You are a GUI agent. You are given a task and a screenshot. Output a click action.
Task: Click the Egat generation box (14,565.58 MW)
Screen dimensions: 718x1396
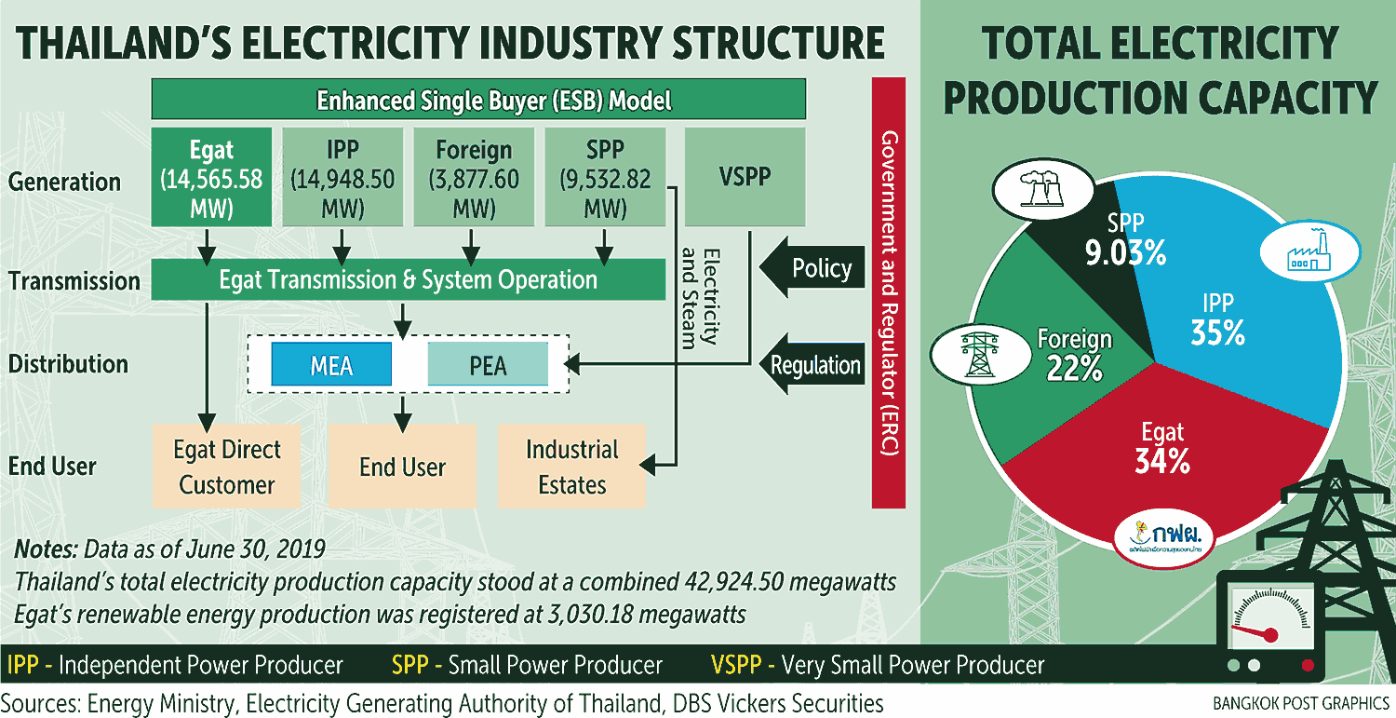[x=211, y=177]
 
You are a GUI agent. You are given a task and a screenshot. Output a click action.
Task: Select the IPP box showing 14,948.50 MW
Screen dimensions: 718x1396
[x=342, y=177]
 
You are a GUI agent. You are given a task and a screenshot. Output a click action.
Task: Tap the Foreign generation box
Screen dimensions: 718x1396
[x=473, y=177]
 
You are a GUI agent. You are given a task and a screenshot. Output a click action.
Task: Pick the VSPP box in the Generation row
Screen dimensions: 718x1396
[x=745, y=177]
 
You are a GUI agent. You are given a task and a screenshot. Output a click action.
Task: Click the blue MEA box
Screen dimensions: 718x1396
[x=331, y=364]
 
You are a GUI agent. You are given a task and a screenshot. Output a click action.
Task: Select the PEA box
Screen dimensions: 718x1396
[x=488, y=364]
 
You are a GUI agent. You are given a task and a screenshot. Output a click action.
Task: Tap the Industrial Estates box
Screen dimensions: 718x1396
[x=571, y=467]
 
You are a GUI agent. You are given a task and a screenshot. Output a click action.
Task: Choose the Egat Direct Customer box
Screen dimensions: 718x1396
[x=226, y=467]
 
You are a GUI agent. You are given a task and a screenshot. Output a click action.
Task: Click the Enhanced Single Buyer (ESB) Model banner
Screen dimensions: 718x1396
[x=477, y=100]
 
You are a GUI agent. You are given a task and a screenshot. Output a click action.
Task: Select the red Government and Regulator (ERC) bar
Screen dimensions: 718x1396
[x=889, y=293]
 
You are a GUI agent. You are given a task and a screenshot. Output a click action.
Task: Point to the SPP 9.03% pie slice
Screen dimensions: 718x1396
[x=1112, y=251]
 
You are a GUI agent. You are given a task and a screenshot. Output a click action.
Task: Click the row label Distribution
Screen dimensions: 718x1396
[x=68, y=364]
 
